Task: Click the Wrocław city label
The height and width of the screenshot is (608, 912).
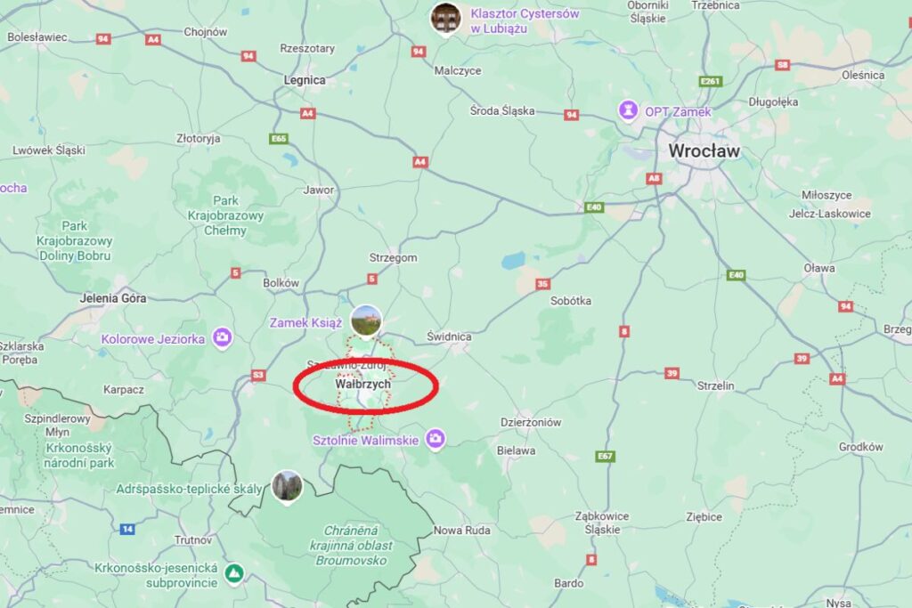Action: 704,151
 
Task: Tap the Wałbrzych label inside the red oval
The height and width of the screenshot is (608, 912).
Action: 362,384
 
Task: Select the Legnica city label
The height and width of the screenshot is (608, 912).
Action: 304,80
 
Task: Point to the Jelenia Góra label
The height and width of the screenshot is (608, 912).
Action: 113,298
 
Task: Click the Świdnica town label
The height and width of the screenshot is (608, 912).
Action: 449,336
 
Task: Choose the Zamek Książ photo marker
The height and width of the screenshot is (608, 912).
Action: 366,319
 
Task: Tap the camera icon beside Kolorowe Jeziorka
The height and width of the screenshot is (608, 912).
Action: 222,337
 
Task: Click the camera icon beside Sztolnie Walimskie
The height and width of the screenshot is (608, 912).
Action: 435,438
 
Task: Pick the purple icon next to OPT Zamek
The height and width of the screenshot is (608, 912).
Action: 630,111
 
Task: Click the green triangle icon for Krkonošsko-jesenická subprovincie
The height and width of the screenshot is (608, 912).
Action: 234,571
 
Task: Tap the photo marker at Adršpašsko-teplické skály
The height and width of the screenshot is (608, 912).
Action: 287,485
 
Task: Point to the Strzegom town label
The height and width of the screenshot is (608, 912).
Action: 393,258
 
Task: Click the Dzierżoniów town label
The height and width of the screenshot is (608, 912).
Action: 530,423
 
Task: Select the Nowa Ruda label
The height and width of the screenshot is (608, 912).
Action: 461,531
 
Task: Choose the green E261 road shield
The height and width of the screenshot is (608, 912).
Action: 710,82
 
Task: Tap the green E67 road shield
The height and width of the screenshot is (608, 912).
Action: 606,456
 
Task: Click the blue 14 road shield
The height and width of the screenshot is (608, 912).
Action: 127,529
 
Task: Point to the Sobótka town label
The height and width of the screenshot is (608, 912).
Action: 571,301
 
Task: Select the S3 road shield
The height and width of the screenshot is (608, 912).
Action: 258,375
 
